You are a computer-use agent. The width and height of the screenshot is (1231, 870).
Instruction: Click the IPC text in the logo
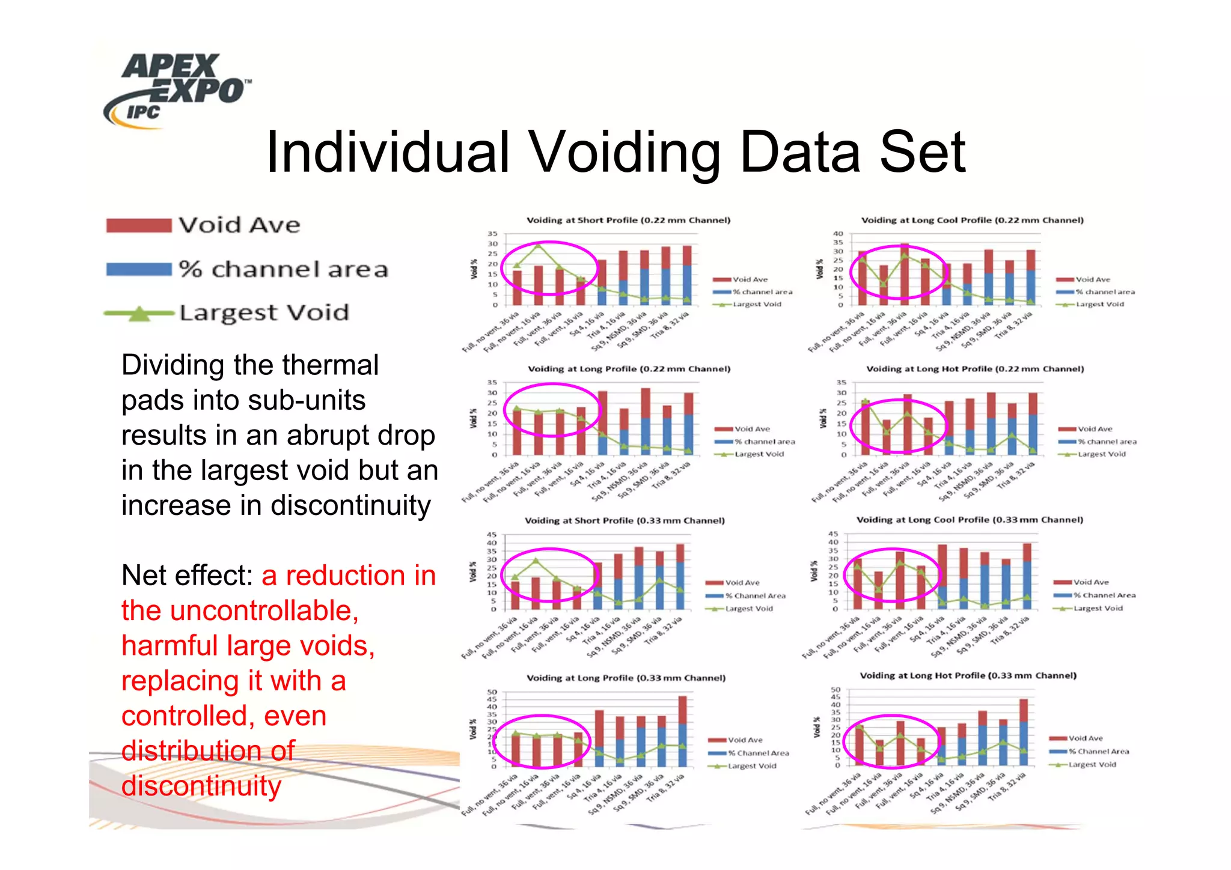143,112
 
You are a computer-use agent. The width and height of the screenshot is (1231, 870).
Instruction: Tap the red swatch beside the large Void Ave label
139,226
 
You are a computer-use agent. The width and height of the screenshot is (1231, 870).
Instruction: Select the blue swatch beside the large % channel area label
139,269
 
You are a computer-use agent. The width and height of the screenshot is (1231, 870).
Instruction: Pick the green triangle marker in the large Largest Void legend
139,313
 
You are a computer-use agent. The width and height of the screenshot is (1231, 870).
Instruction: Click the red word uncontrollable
264,611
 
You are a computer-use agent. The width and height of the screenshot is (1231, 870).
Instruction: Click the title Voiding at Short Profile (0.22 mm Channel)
628,221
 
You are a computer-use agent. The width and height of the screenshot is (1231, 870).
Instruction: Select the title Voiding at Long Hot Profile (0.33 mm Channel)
968,675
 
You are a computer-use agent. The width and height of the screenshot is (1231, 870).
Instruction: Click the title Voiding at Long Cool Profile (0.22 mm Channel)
972,221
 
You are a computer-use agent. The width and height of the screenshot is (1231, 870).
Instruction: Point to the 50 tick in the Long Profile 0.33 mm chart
492,692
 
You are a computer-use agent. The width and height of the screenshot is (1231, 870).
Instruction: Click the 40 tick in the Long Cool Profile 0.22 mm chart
837,234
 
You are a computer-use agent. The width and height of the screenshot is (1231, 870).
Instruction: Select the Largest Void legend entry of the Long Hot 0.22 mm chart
1101,454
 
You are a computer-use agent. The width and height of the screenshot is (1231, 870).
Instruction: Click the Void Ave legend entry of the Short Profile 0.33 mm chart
742,583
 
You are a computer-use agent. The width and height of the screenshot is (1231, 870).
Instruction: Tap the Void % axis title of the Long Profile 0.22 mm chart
473,419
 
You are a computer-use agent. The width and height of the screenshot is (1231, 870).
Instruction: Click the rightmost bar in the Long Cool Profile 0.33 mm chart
1027,571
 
